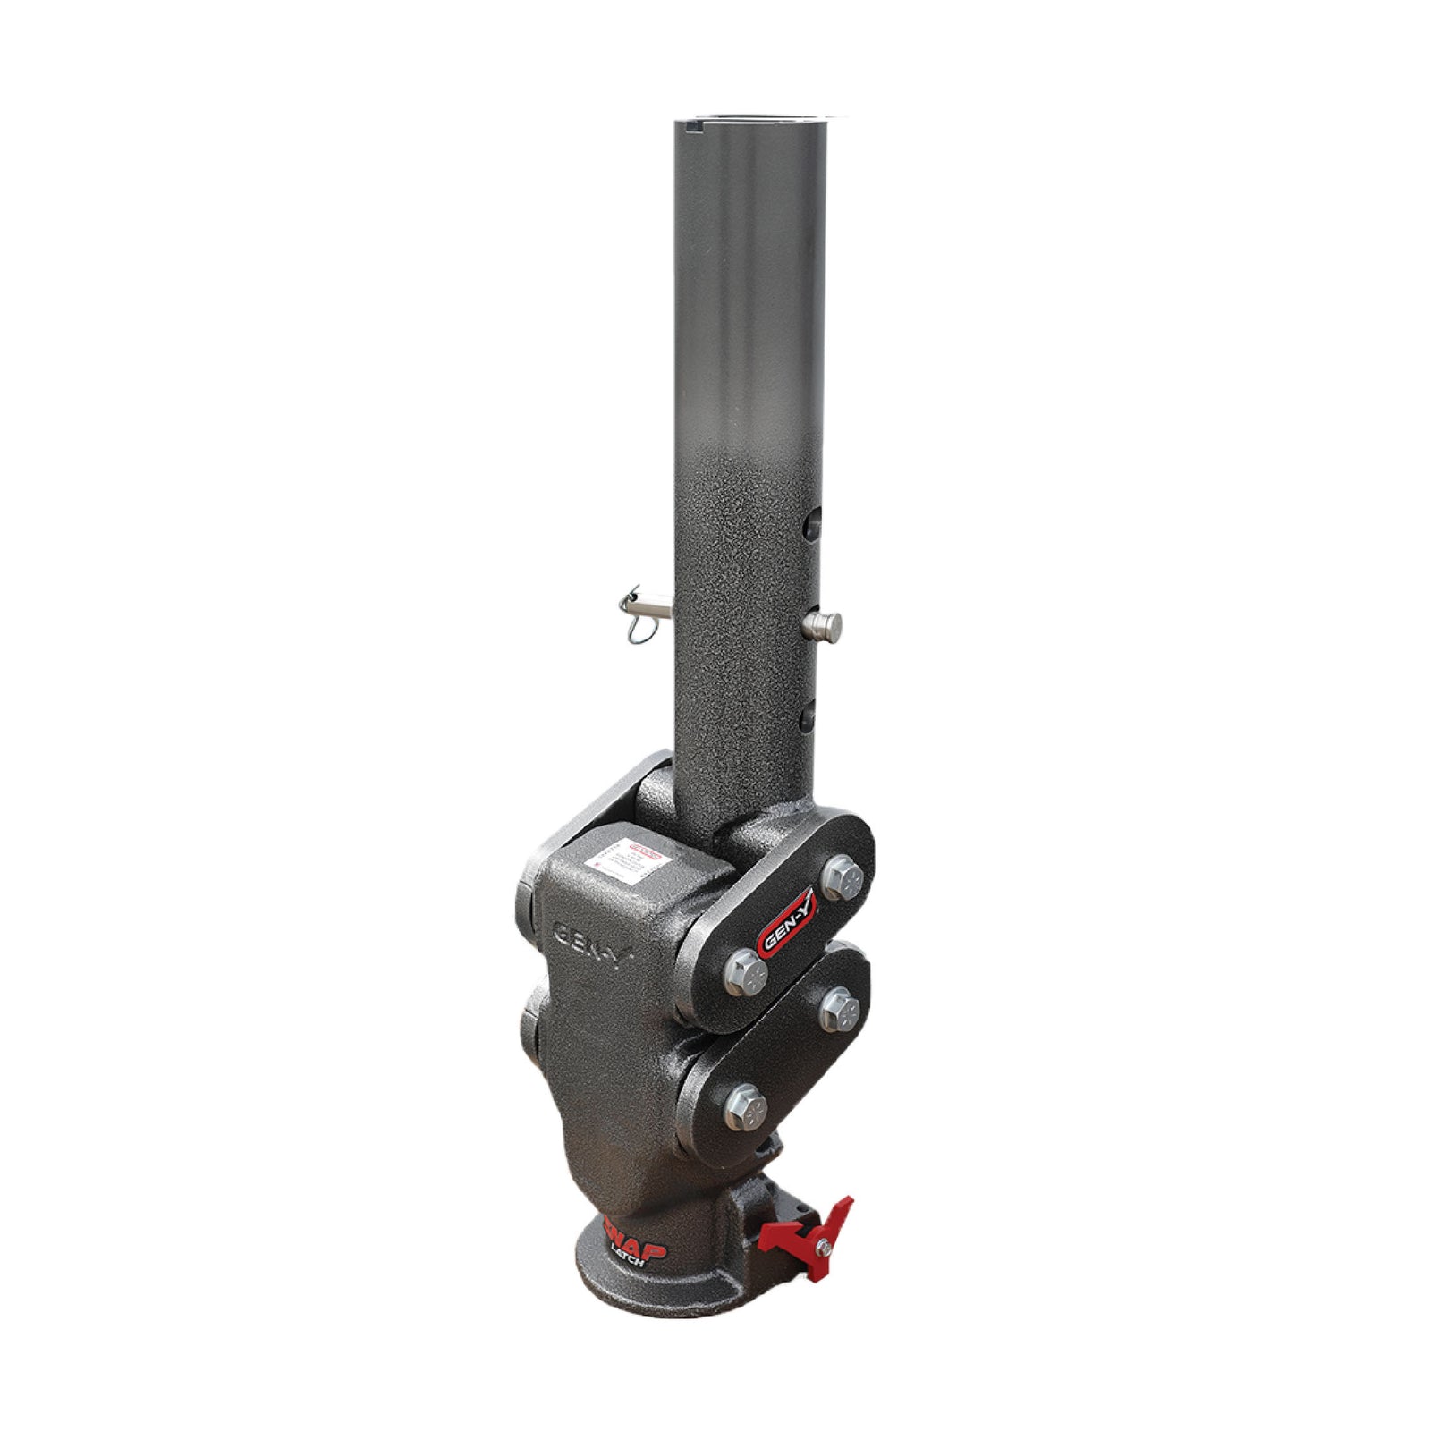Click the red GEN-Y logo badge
(x=786, y=921)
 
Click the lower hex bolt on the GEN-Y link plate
(x=744, y=966)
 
